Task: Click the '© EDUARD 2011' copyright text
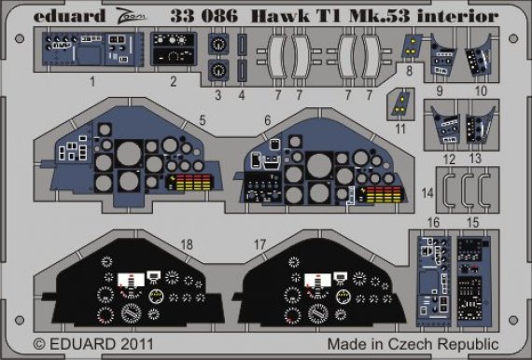91,345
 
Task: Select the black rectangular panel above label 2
172,52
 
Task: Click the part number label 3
220,94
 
